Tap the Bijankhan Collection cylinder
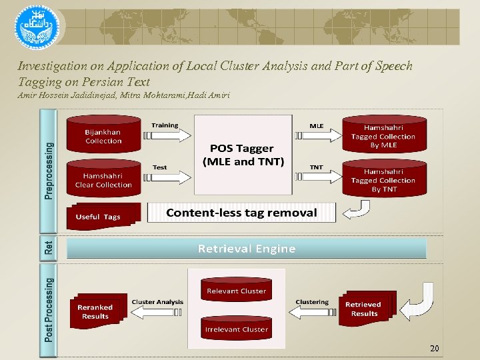coord(103,136)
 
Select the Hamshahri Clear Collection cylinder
coord(103,179)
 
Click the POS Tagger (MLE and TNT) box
coord(243,155)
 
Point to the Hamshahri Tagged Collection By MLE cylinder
coord(383,136)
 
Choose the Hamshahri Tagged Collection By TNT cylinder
coord(383,179)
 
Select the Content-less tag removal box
coord(241,213)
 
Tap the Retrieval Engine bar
coord(246,249)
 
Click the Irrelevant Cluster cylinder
coord(236,329)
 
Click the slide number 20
coord(434,348)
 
